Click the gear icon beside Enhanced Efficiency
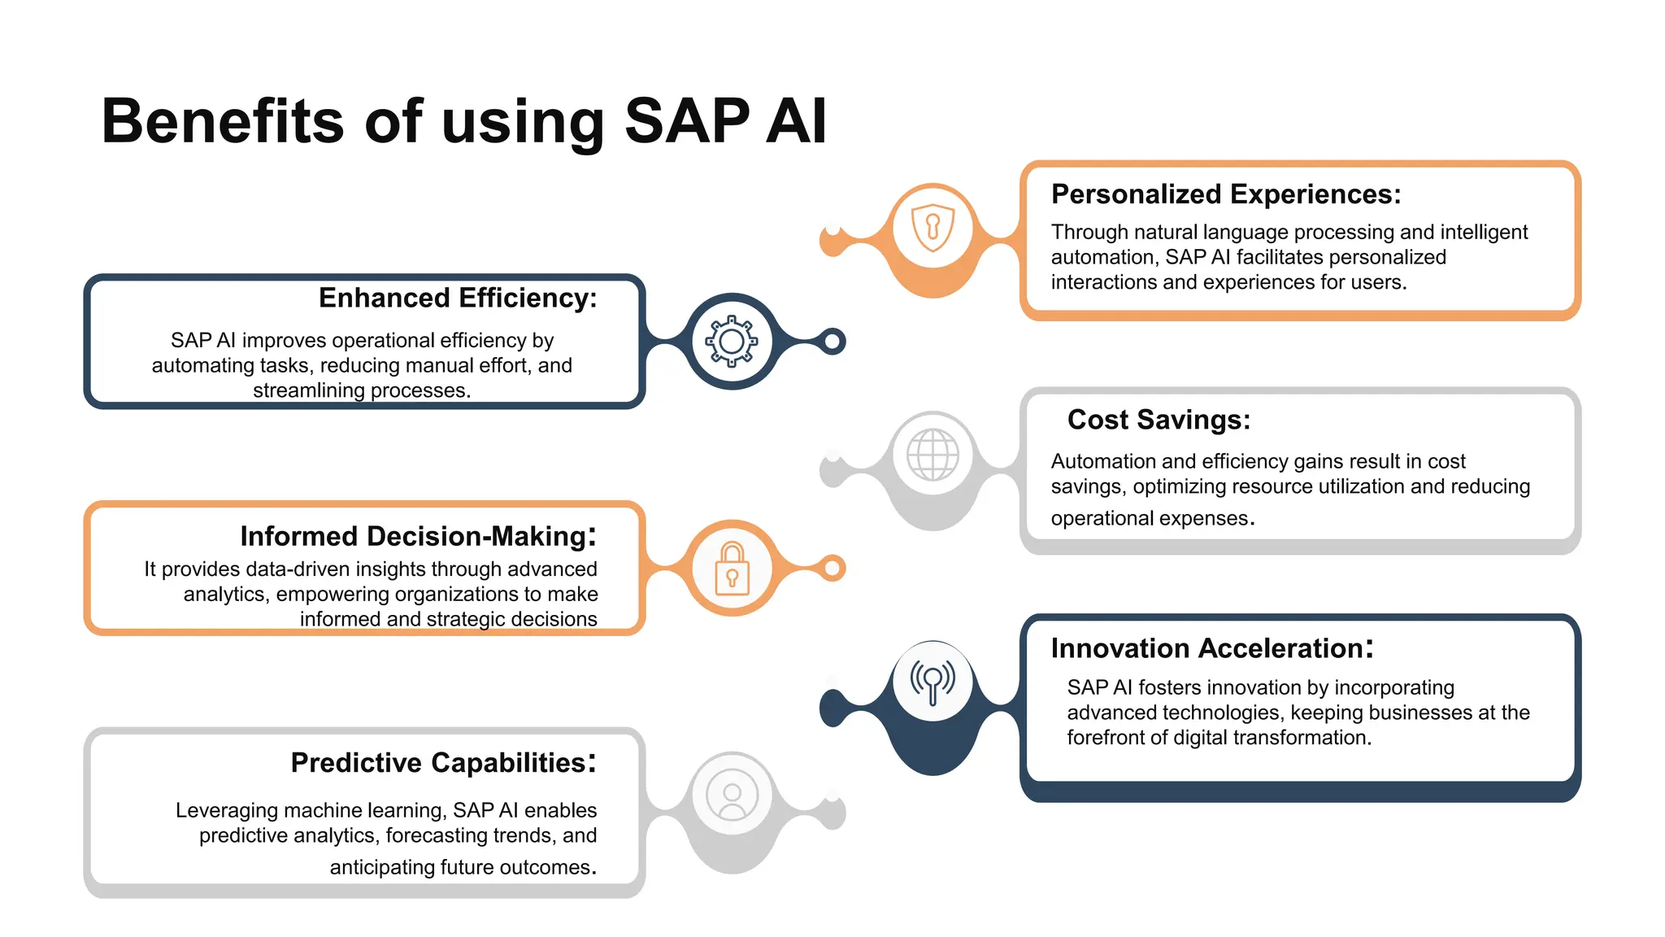click(732, 342)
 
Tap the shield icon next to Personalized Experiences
click(932, 228)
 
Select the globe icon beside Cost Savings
click(932, 455)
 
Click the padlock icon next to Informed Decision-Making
click(732, 569)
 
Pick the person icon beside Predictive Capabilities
click(732, 795)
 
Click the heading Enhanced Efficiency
click(458, 299)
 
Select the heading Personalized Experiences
click(1226, 194)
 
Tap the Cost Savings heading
click(1159, 420)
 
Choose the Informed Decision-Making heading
click(418, 537)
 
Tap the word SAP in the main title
click(687, 122)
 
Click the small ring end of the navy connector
click(832, 342)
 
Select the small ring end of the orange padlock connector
click(832, 569)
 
